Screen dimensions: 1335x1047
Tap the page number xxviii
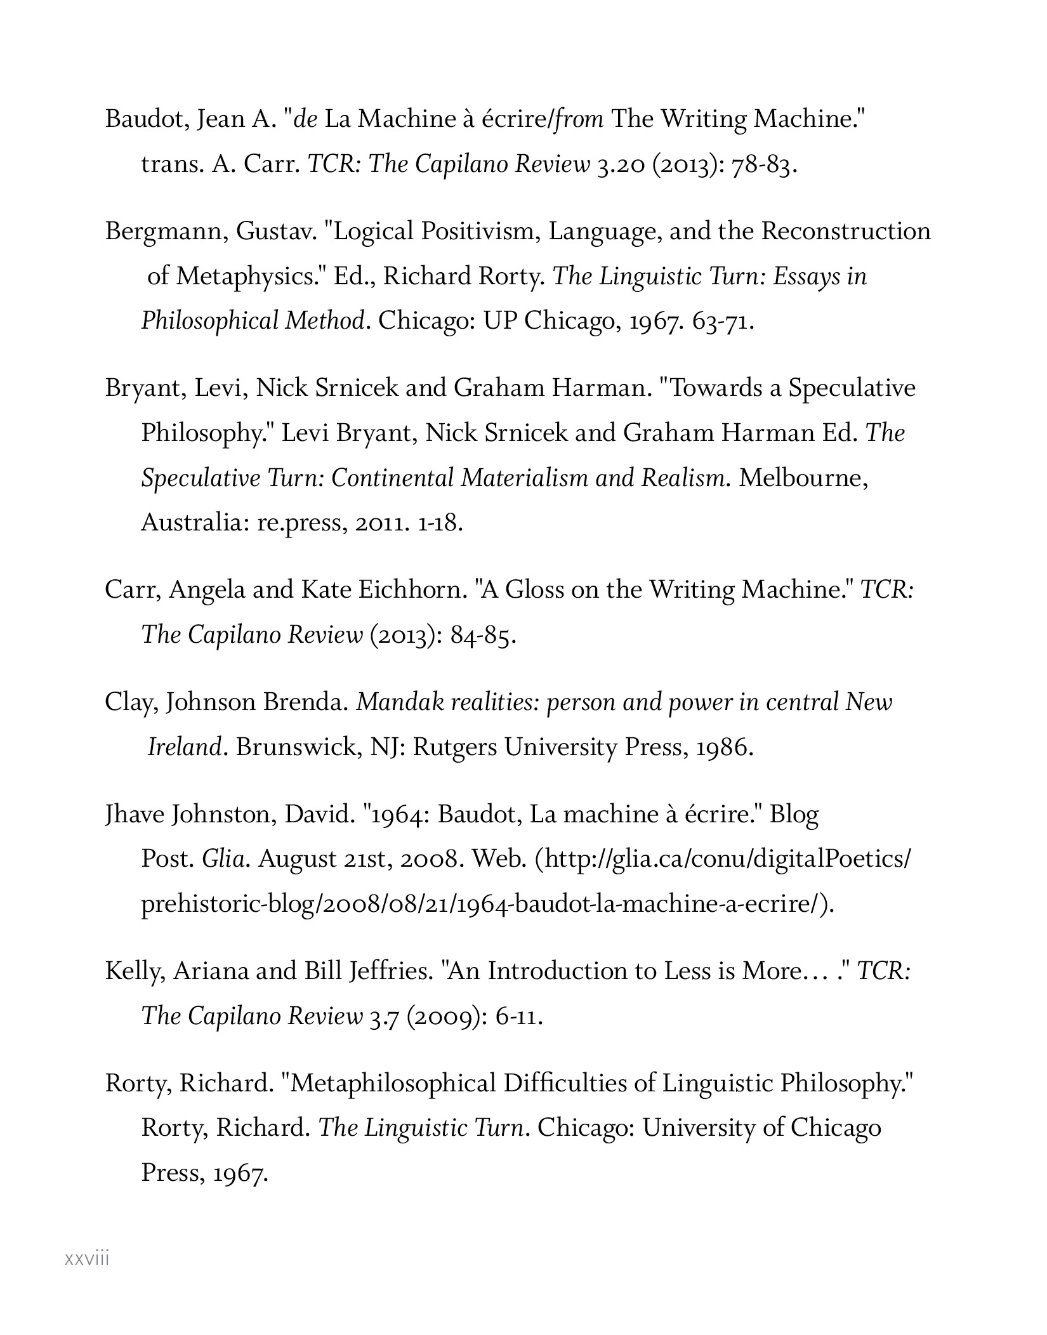[87, 1258]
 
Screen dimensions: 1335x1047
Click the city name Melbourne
[803, 477]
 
